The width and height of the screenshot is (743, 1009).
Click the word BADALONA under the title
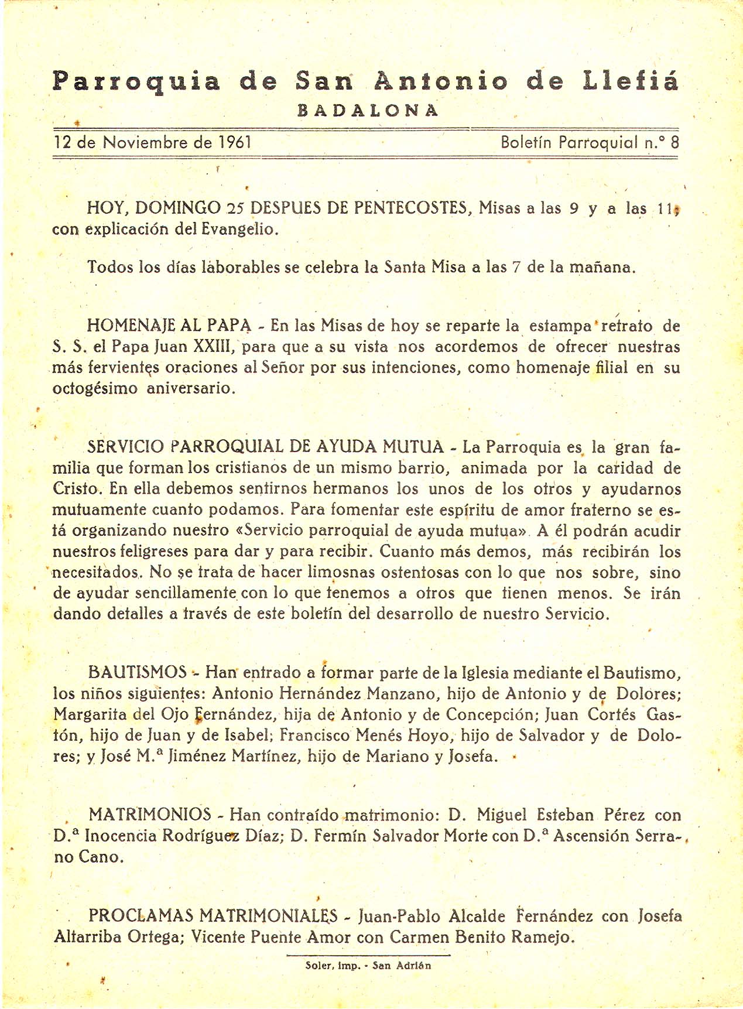tap(368, 111)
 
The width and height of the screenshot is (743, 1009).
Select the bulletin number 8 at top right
tap(674, 142)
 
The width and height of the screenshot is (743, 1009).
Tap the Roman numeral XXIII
tap(214, 347)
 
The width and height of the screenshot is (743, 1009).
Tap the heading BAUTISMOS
tap(137, 672)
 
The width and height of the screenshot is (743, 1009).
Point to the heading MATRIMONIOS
tap(150, 815)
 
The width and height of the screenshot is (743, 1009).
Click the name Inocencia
tap(121, 836)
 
